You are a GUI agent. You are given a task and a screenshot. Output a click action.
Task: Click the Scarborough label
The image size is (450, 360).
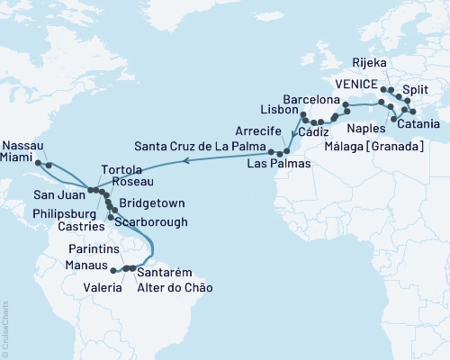153,220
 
